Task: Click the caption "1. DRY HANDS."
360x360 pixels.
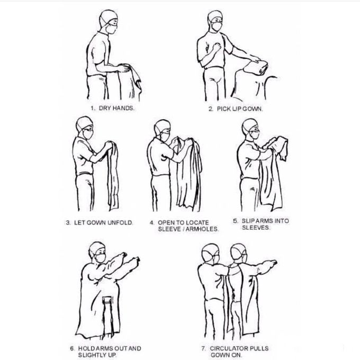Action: (x=112, y=108)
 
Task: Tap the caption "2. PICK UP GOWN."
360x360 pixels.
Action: (x=236, y=109)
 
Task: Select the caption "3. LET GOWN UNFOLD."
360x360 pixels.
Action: (x=100, y=223)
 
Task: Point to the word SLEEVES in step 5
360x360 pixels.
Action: (x=256, y=228)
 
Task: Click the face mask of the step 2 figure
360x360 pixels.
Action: (x=217, y=26)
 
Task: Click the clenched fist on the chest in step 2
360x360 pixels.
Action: (x=216, y=48)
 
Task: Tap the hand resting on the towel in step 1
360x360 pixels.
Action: (x=123, y=68)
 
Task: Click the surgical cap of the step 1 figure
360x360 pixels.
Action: (x=108, y=16)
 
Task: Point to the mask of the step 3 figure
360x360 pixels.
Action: (x=88, y=134)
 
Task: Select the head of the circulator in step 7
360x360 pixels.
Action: (x=211, y=253)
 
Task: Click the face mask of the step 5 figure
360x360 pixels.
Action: (x=255, y=134)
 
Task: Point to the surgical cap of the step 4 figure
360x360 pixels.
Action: (x=163, y=127)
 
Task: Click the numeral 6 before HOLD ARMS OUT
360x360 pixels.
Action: (x=72, y=348)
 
